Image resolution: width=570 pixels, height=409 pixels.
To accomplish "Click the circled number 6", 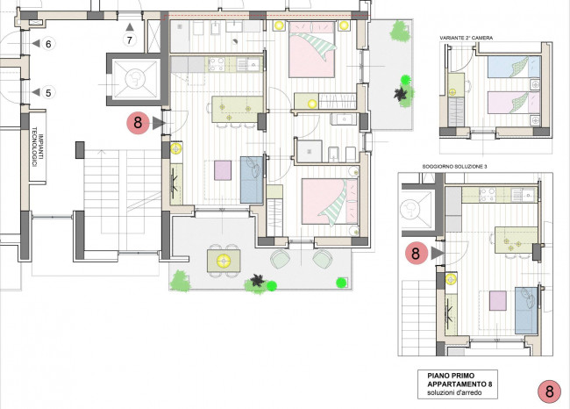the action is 48,44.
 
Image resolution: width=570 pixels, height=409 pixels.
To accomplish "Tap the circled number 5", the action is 48,93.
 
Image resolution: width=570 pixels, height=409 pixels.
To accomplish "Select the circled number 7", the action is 130,39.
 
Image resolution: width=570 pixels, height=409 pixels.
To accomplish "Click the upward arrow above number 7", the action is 130,26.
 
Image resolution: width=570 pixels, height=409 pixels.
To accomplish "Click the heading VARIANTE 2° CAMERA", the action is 466,38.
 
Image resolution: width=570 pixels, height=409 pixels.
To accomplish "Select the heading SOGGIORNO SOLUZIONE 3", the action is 454,167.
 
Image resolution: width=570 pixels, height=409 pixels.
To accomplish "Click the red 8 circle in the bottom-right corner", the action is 549,391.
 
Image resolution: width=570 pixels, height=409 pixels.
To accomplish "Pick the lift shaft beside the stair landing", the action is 134,79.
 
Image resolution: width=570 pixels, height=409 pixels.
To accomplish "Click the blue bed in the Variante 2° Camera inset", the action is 514,67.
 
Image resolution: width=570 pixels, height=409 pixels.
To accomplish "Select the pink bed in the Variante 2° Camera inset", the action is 514,102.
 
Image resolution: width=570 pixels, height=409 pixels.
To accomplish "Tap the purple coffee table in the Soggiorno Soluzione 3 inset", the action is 498,300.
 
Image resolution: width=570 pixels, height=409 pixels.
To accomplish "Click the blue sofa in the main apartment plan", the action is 252,180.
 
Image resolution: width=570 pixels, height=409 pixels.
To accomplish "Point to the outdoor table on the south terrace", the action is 224,261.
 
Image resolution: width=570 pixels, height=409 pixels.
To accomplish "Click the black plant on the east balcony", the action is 400,94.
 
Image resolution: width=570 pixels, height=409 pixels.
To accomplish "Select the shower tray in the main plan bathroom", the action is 310,151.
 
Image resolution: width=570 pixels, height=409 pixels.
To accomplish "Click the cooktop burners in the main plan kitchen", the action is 217,64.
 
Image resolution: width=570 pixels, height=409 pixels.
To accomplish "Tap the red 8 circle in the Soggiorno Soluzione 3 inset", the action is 416,254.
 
